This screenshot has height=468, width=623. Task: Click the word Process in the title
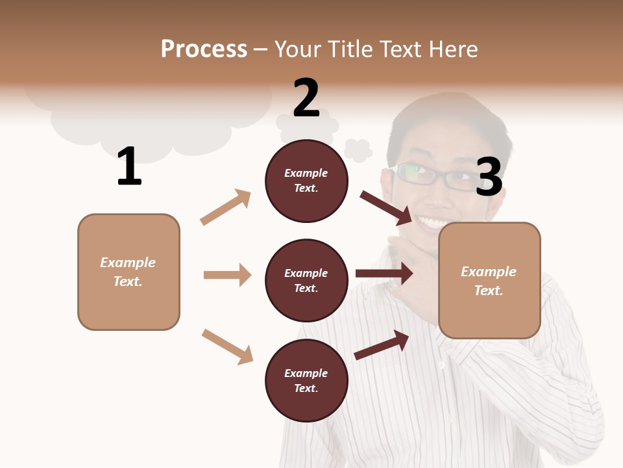coord(204,49)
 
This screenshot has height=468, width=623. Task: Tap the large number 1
coord(129,166)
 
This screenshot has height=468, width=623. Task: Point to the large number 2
coord(306,98)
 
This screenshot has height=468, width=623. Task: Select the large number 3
coord(489,177)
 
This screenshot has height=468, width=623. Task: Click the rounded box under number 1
coord(128,272)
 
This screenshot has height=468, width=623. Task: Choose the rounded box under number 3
coord(489,281)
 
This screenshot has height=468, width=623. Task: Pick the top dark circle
coord(306,181)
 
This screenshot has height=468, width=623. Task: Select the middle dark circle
coord(306,280)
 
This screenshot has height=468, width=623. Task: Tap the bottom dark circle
coord(306,380)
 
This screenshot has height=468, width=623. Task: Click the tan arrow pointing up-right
coord(226,207)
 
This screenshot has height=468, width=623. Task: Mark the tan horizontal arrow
coord(227,275)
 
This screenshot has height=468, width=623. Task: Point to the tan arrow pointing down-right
coord(227,346)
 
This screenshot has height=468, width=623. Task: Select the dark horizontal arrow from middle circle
coord(384,274)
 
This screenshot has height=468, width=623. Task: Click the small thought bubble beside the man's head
coord(358,150)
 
